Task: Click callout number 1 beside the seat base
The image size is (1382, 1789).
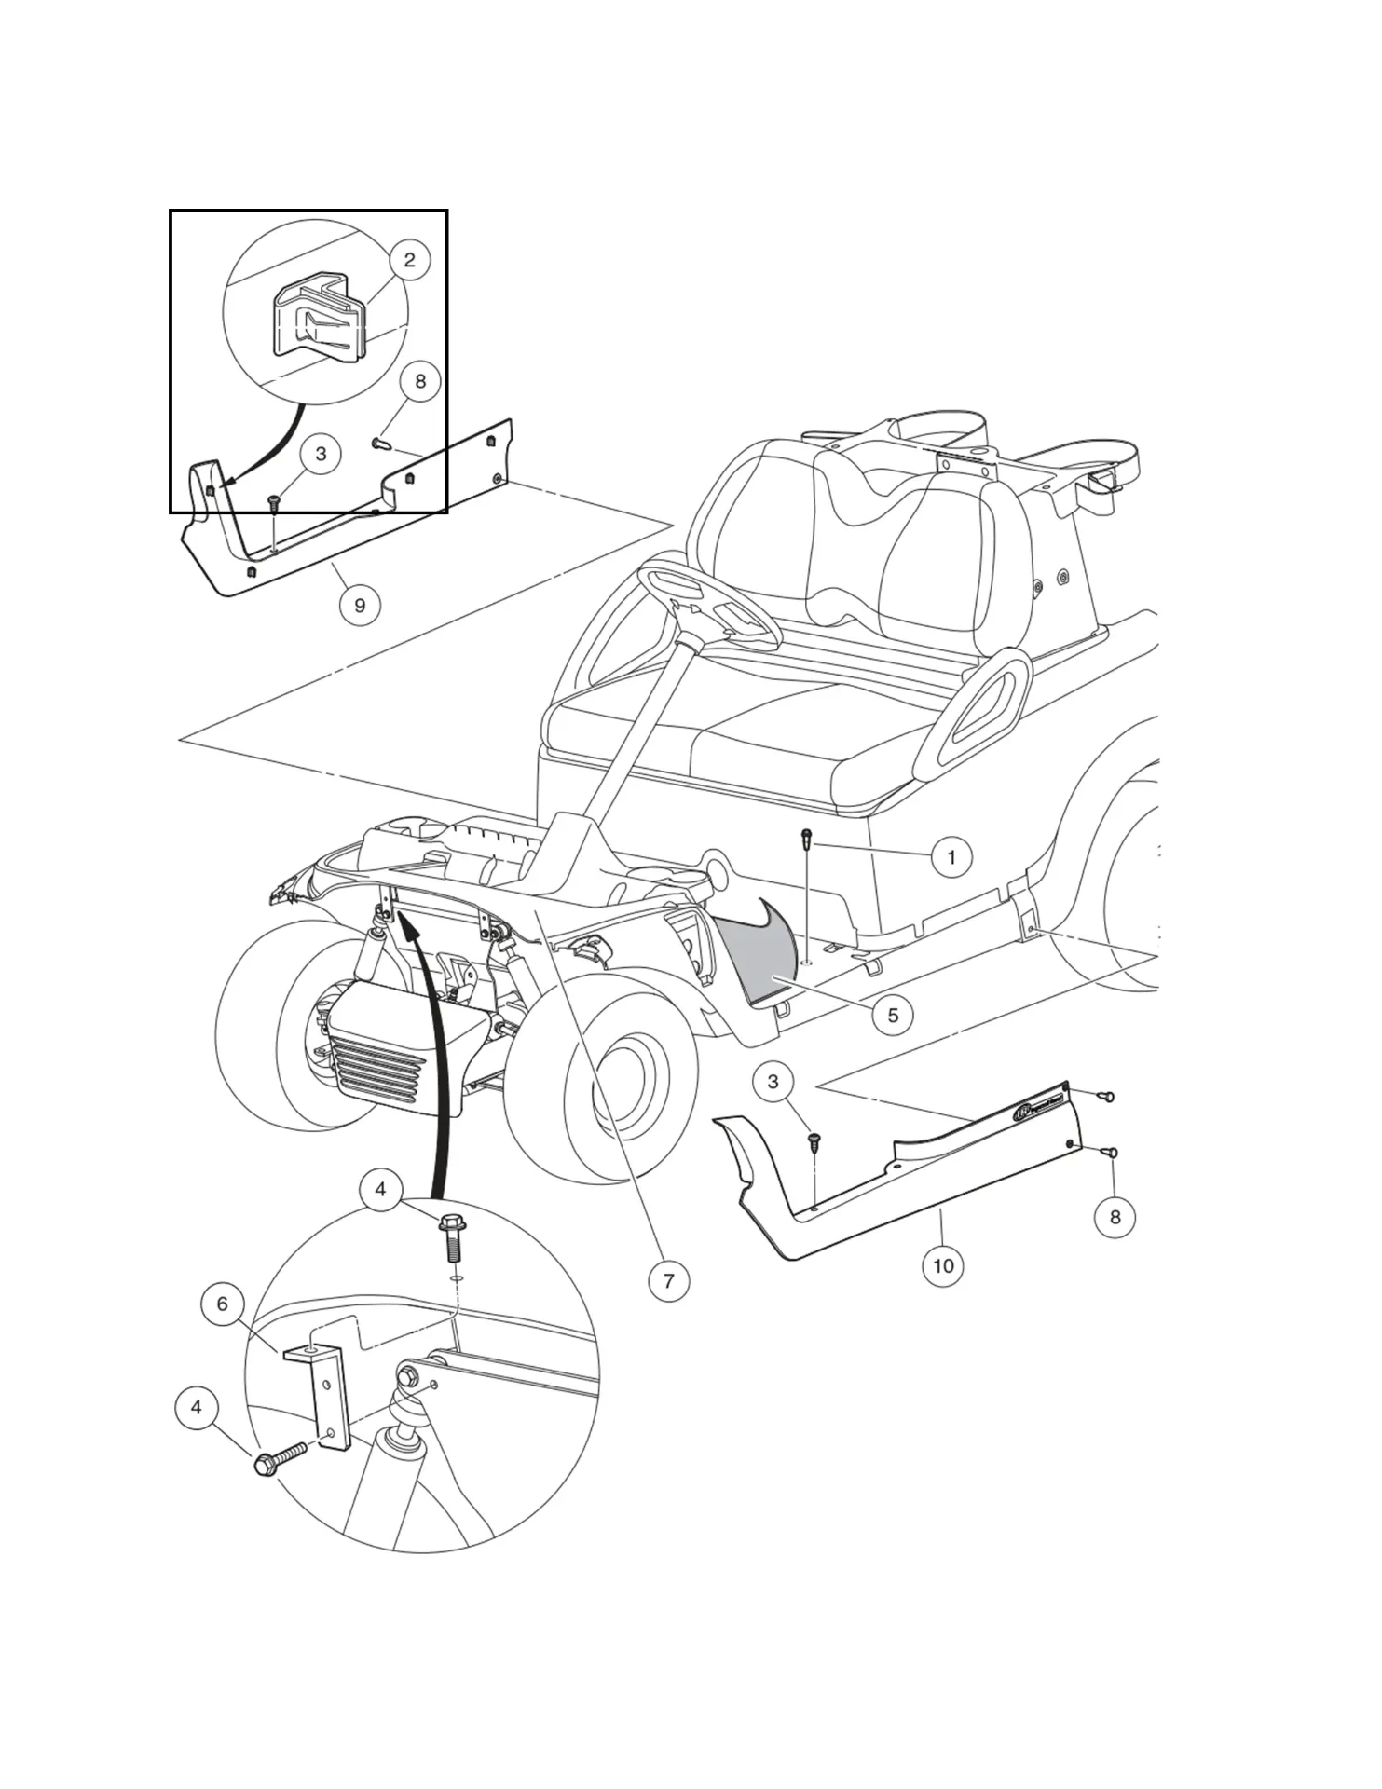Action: [x=951, y=856]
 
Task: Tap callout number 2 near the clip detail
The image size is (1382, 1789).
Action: [x=409, y=260]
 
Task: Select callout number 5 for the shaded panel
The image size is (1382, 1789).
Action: [x=893, y=1015]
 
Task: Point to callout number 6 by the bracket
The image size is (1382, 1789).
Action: [x=222, y=1304]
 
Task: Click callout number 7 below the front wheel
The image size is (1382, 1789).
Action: [x=668, y=1280]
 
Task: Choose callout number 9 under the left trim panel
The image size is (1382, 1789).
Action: [x=360, y=605]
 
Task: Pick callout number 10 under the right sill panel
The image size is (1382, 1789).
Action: [x=943, y=1265]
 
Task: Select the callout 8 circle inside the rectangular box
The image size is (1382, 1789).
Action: [x=420, y=381]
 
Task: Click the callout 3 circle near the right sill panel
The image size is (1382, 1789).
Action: [x=773, y=1082]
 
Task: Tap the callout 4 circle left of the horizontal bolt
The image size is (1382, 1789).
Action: [x=196, y=1407]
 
